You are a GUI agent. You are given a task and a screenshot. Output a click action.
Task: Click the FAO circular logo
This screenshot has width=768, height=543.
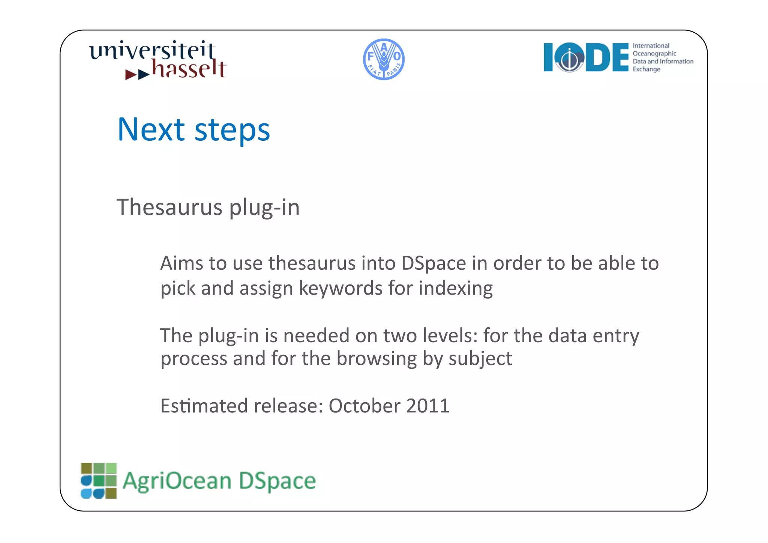click(x=384, y=59)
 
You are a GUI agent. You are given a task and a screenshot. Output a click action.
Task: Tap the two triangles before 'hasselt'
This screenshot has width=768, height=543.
click(x=137, y=74)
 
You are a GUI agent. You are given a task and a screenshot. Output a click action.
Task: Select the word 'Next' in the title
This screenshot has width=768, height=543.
click(x=151, y=130)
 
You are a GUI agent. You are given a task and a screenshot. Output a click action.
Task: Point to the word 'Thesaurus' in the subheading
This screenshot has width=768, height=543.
click(x=169, y=207)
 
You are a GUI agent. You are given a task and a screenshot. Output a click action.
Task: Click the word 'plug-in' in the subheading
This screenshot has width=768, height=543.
click(x=264, y=208)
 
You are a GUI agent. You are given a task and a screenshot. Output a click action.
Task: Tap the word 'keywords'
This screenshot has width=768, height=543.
click(x=340, y=289)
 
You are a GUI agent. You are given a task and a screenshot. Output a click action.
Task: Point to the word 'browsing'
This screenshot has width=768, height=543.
click(x=376, y=359)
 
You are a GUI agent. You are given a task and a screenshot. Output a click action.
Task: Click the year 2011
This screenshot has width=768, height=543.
click(x=427, y=406)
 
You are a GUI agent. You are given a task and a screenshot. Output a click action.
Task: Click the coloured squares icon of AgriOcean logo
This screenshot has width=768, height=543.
click(x=99, y=480)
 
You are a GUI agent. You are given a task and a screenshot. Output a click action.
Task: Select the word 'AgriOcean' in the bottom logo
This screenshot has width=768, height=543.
click(x=177, y=481)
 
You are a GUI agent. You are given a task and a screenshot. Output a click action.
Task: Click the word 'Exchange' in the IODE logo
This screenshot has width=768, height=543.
click(x=646, y=69)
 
